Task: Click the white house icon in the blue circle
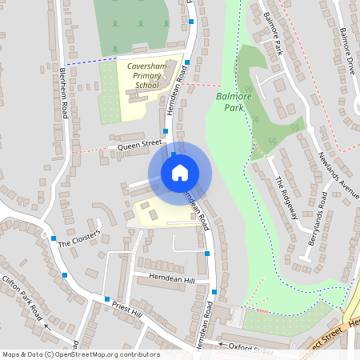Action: coord(180,172)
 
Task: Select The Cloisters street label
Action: coord(78,238)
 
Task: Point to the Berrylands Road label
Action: coord(318,218)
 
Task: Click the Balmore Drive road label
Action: coord(346,50)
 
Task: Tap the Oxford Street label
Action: coord(250,349)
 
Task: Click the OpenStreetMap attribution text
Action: coord(81,354)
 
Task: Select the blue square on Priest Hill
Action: coord(106,299)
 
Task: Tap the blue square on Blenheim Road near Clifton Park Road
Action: coord(65,275)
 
